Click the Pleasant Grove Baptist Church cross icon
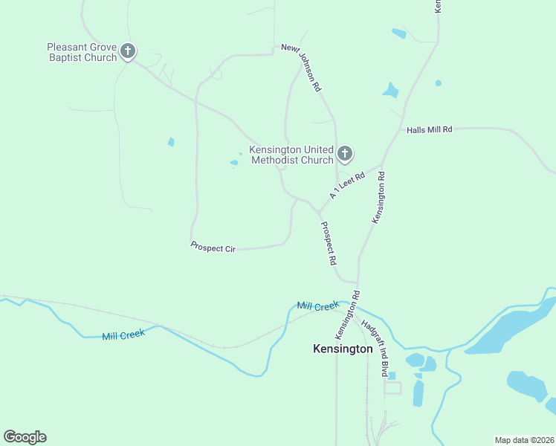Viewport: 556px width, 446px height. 128,51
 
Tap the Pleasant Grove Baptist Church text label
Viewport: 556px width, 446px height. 82,52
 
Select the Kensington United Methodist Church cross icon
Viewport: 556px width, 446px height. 344,154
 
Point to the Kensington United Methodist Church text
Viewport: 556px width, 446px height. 291,155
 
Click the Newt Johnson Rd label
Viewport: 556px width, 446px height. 301,68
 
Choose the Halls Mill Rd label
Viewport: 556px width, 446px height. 430,129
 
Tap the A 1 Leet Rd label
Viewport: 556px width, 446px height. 348,185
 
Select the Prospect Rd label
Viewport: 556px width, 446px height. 329,244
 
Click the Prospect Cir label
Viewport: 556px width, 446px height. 213,248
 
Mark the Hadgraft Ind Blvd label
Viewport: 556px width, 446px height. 375,348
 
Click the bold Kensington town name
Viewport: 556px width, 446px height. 343,349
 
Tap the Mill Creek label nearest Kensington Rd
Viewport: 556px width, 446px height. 317,306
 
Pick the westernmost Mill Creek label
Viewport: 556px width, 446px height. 123,334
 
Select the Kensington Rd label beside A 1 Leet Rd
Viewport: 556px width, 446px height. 381,198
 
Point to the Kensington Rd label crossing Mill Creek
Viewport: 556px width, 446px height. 347,311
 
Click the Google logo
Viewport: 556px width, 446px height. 25,437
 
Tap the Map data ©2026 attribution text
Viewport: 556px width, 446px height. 524,440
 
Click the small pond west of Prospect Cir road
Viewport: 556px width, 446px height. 171,142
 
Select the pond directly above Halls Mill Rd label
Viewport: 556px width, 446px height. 390,91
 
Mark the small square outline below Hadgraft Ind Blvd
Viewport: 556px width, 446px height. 392,387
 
